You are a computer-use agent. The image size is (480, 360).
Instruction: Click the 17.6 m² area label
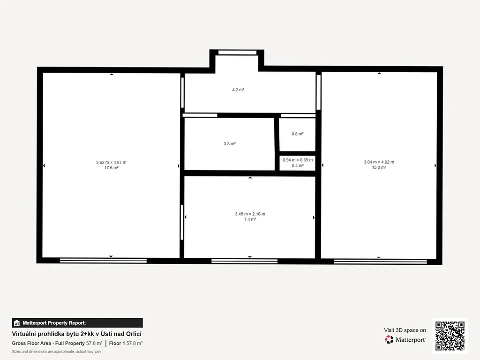point(112,168)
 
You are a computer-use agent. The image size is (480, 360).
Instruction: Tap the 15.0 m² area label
point(379,167)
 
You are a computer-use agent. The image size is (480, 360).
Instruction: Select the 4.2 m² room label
point(238,90)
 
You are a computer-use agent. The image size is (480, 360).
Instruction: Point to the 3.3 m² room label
point(230,143)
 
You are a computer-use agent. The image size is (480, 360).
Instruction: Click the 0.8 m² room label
point(298,134)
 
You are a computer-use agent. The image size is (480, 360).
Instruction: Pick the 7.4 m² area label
point(250,219)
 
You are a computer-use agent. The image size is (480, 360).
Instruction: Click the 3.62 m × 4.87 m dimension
point(111,162)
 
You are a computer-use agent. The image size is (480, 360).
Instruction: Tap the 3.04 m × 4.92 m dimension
point(379,162)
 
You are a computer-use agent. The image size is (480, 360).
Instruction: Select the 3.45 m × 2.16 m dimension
point(250,214)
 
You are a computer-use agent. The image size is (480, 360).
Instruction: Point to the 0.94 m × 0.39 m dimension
point(298,160)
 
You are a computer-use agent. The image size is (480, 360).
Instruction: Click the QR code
point(450,336)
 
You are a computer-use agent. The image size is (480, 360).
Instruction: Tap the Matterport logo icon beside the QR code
point(389,339)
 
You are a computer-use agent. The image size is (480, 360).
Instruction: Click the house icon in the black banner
point(17,323)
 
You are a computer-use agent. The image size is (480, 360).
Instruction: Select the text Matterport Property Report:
point(54,323)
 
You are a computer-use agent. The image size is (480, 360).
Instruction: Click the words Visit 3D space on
point(405,330)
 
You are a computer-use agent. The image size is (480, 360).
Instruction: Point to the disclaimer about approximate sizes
point(57,352)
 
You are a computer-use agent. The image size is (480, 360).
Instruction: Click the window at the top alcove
point(237,52)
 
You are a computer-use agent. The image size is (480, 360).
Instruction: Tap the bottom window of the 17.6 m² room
point(103,261)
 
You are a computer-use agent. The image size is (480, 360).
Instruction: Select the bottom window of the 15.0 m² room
point(380,262)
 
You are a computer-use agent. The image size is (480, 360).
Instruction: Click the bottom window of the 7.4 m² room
point(244,261)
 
